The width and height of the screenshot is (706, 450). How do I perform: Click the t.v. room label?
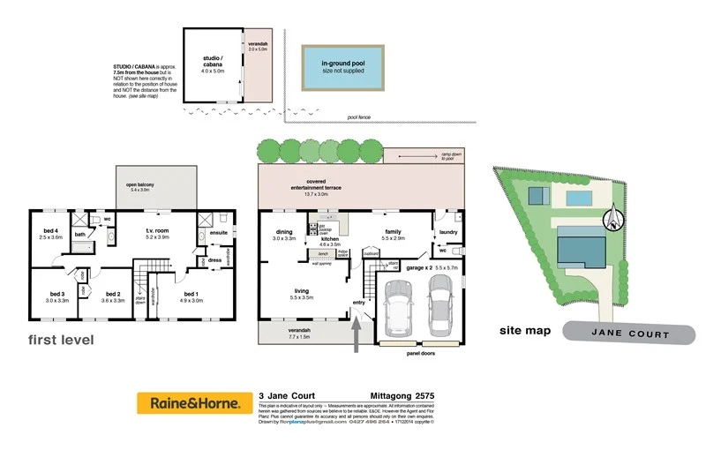157,233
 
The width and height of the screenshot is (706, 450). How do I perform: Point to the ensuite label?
220,232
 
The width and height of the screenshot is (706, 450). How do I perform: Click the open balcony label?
142,186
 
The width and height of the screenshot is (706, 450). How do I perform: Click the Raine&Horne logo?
189,404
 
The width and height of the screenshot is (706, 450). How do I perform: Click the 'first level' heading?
60,340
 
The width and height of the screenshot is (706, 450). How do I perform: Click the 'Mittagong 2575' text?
401,395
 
